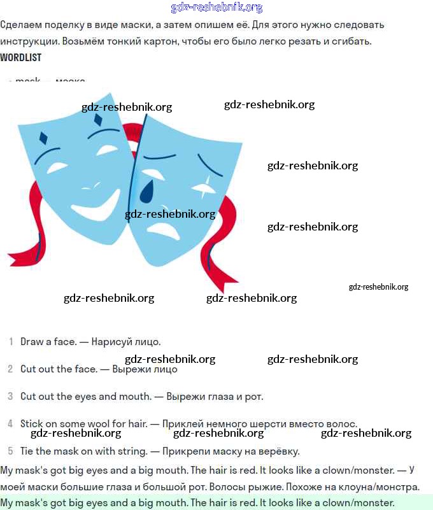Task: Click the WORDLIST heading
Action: click(21, 57)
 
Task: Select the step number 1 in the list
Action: click(11, 342)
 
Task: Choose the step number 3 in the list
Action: click(10, 396)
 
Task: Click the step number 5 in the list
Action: click(10, 451)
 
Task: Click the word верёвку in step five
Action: click(278, 451)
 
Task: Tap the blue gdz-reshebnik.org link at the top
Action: click(216, 8)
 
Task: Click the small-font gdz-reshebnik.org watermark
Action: click(378, 287)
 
